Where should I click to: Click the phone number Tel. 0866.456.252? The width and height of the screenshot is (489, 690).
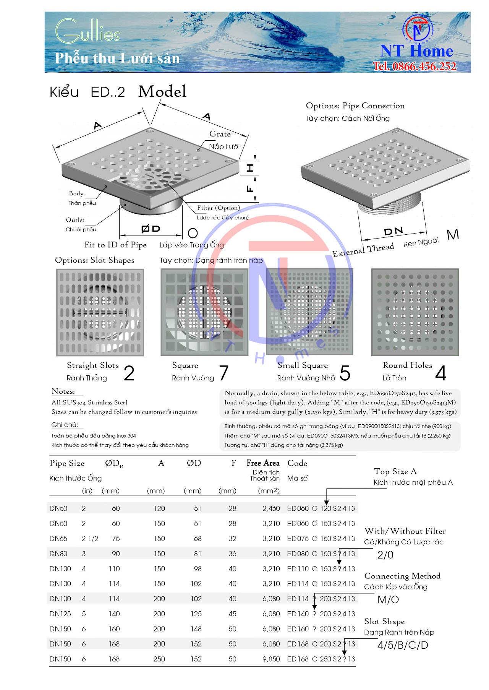pyautogui.click(x=415, y=66)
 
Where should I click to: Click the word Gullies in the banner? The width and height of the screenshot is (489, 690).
pyautogui.click(x=88, y=31)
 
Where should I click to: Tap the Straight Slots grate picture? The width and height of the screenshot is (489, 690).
pyautogui.click(x=100, y=312)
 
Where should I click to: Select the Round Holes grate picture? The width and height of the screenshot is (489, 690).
pyautogui.click(x=415, y=312)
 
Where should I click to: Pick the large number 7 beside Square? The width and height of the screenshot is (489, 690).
pyautogui.click(x=224, y=373)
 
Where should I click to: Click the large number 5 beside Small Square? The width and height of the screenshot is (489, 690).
pyautogui.click(x=345, y=373)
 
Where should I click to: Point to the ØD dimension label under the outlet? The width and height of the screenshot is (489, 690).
pyautogui.click(x=151, y=229)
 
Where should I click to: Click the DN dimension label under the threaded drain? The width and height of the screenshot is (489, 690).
pyautogui.click(x=393, y=231)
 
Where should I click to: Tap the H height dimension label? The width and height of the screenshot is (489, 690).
pyautogui.click(x=250, y=168)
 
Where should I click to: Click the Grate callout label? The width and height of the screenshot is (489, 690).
pyautogui.click(x=220, y=134)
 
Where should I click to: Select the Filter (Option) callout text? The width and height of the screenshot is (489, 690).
pyautogui.click(x=219, y=208)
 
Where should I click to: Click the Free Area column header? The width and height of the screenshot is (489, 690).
pyautogui.click(x=263, y=463)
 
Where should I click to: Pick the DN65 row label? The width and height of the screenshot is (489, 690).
pyautogui.click(x=58, y=539)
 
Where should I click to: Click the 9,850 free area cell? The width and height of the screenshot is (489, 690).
pyautogui.click(x=271, y=659)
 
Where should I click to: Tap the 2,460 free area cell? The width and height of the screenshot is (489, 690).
pyautogui.click(x=271, y=508)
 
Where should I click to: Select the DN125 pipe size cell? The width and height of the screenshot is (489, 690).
pyautogui.click(x=60, y=614)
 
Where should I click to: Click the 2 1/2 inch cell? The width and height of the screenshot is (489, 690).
pyautogui.click(x=90, y=539)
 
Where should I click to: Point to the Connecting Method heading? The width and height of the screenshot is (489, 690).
pyautogui.click(x=402, y=576)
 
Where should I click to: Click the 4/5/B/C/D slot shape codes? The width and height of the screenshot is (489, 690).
pyautogui.click(x=403, y=645)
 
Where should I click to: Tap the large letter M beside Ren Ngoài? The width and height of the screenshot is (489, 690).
pyautogui.click(x=453, y=234)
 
